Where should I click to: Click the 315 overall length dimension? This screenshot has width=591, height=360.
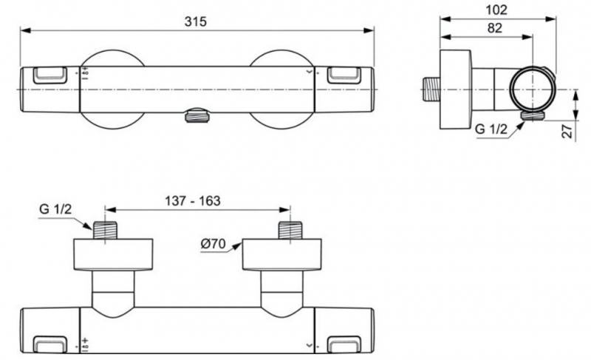(197, 21)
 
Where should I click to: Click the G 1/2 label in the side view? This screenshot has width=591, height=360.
(491, 129)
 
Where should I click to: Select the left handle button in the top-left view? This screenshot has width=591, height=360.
(49, 74)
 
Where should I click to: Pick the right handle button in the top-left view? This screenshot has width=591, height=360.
(344, 74)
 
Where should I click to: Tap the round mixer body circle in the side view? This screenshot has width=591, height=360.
(532, 89)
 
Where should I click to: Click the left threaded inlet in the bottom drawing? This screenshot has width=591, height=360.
(106, 230)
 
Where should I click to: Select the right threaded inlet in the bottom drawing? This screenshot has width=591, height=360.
(290, 230)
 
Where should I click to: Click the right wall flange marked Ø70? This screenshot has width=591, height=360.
(282, 255)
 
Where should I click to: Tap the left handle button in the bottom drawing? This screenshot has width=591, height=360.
(49, 344)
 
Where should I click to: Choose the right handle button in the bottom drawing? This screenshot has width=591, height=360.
(344, 344)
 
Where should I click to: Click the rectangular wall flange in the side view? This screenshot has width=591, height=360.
(456, 89)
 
